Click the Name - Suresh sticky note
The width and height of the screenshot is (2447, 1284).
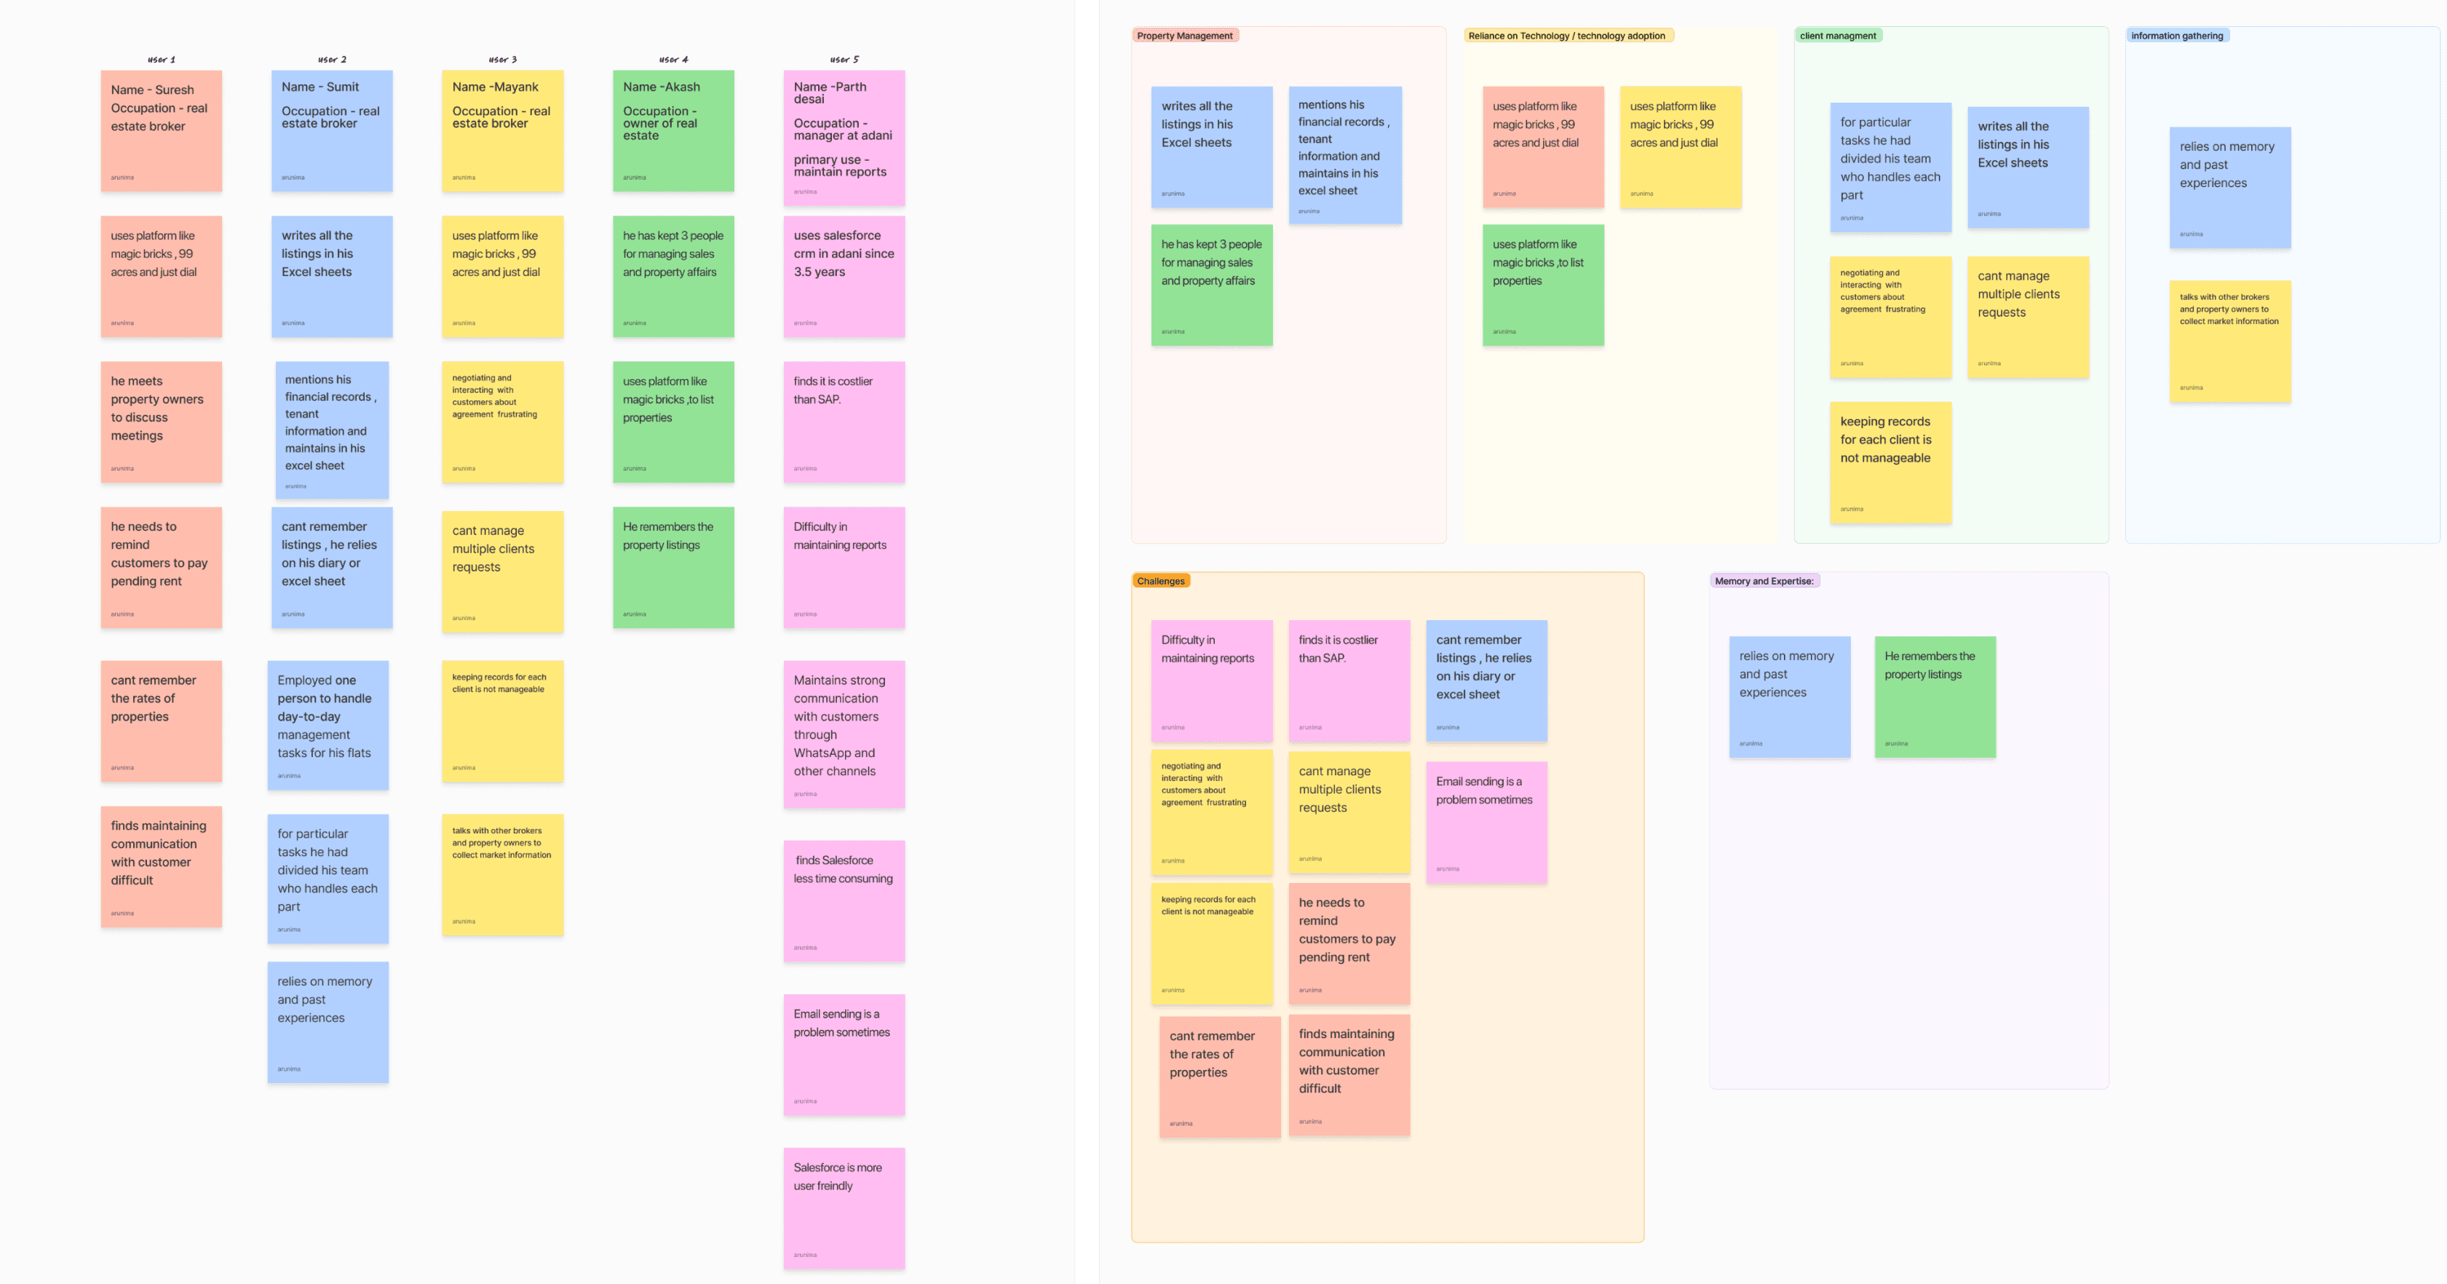pyautogui.click(x=161, y=131)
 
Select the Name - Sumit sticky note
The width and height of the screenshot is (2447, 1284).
pyautogui.click(x=331, y=131)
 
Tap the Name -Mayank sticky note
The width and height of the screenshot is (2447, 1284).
pyautogui.click(x=501, y=131)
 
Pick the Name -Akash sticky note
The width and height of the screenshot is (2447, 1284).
pyautogui.click(x=673, y=131)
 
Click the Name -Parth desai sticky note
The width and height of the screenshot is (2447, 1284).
pyautogui.click(x=844, y=138)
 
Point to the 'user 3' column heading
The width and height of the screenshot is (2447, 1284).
pyautogui.click(x=502, y=59)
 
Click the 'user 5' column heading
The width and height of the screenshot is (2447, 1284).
pyautogui.click(x=844, y=59)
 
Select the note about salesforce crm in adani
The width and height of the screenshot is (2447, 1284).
pyautogui.click(x=844, y=277)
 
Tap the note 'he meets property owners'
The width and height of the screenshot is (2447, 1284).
pyautogui.click(x=161, y=421)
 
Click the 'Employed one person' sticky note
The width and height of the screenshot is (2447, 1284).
pyautogui.click(x=328, y=725)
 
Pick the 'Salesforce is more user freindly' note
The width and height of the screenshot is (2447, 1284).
pyautogui.click(x=844, y=1208)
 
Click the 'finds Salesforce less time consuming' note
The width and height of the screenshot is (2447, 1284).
pyautogui.click(x=844, y=900)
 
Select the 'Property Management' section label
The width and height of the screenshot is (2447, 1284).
pyautogui.click(x=1184, y=36)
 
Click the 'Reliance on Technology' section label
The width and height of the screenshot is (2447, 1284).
pyautogui.click(x=1566, y=36)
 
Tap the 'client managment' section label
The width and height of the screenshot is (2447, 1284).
pyautogui.click(x=1837, y=36)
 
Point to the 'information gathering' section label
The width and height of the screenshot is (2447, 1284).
pyautogui.click(x=2176, y=36)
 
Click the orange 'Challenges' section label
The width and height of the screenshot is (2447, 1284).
pyautogui.click(x=1160, y=581)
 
